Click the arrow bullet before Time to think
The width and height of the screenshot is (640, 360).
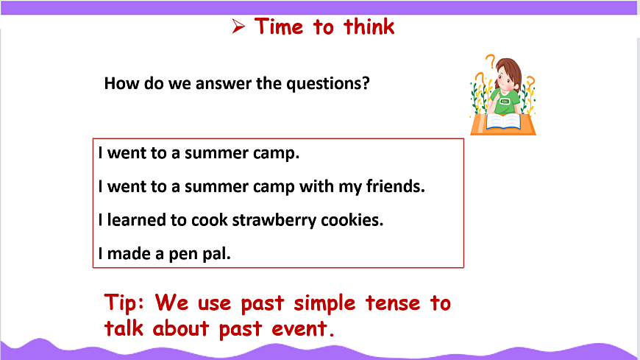238,27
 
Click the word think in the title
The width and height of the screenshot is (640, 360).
369,27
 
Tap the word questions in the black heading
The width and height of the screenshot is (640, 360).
328,83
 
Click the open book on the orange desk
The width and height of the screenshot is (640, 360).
503,122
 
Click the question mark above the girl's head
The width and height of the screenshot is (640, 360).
491,61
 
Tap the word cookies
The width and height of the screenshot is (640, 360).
352,220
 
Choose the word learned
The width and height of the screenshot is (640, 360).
136,220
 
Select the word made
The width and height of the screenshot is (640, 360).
129,254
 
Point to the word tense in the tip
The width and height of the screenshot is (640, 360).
393,303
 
